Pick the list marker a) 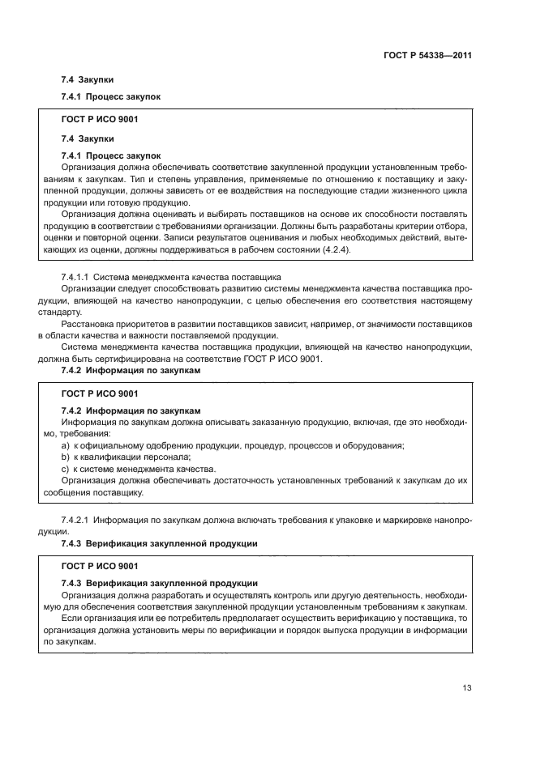tap(66, 445)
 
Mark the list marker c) tap(66, 469)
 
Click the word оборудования tap(369, 445)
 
